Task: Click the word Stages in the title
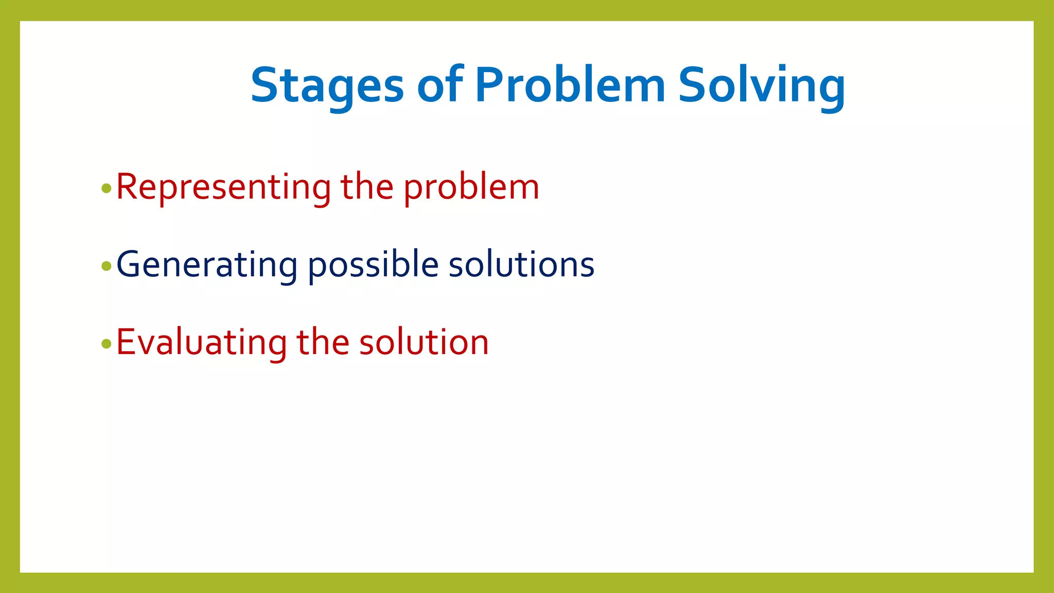327,85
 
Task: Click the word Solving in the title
761,85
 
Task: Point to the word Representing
223,187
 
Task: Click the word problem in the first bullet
471,188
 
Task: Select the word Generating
207,265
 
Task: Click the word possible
373,265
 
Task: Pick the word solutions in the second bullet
521,265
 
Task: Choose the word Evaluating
201,343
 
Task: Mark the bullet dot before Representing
107,188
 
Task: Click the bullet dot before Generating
107,266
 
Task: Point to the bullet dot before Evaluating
107,344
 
